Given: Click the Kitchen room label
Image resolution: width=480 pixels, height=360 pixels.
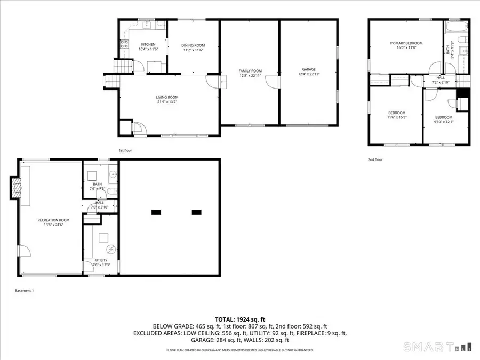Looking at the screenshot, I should [148, 44].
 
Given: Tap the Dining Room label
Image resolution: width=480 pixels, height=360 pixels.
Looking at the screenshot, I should [194, 45].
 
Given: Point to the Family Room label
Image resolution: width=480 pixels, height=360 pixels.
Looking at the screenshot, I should [250, 71].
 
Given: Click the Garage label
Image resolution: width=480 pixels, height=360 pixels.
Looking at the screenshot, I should [309, 69].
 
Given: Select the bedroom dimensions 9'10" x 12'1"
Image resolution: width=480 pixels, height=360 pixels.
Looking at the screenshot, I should [443, 122].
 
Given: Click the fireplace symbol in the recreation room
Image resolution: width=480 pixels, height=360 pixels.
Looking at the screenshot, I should [17, 188].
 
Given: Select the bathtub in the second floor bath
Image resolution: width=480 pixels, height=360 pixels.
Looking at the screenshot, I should [458, 25].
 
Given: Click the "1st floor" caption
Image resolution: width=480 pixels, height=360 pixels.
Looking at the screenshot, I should [125, 150].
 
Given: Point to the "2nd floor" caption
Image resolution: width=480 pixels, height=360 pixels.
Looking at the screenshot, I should [375, 159].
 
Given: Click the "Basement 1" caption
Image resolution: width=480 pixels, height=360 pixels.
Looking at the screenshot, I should [24, 291].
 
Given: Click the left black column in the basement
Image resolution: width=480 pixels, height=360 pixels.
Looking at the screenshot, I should [156, 212].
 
